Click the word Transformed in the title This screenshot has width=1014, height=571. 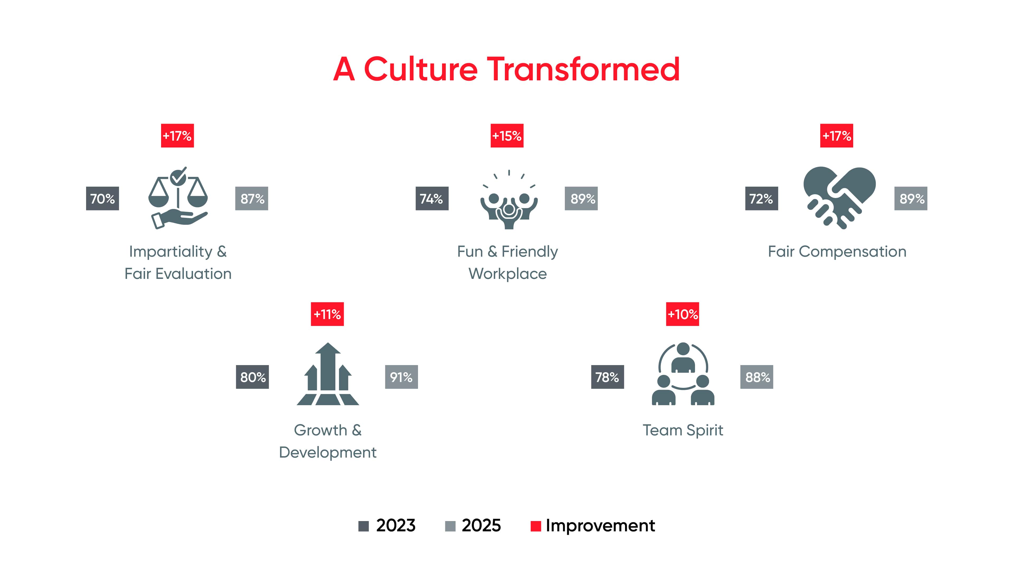[583, 69]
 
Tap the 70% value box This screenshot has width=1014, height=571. [102, 199]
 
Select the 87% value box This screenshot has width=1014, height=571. [252, 199]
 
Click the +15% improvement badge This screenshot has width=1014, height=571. [507, 136]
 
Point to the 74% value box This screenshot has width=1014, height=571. [432, 199]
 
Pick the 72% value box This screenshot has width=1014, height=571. [761, 199]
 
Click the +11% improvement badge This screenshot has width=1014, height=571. [327, 314]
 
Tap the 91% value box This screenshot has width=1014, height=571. [401, 377]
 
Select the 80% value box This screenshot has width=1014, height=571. [252, 377]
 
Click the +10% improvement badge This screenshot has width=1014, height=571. [682, 314]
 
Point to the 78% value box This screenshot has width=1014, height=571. [607, 377]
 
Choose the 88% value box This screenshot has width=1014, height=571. [757, 377]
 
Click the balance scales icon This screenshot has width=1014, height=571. [178, 198]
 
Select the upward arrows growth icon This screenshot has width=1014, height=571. [327, 374]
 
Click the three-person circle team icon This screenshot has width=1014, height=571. [683, 374]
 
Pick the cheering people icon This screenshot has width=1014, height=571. [509, 201]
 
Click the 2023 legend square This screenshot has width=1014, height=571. [363, 526]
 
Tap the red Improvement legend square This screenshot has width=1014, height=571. [535, 526]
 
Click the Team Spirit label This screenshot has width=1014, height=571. [683, 430]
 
